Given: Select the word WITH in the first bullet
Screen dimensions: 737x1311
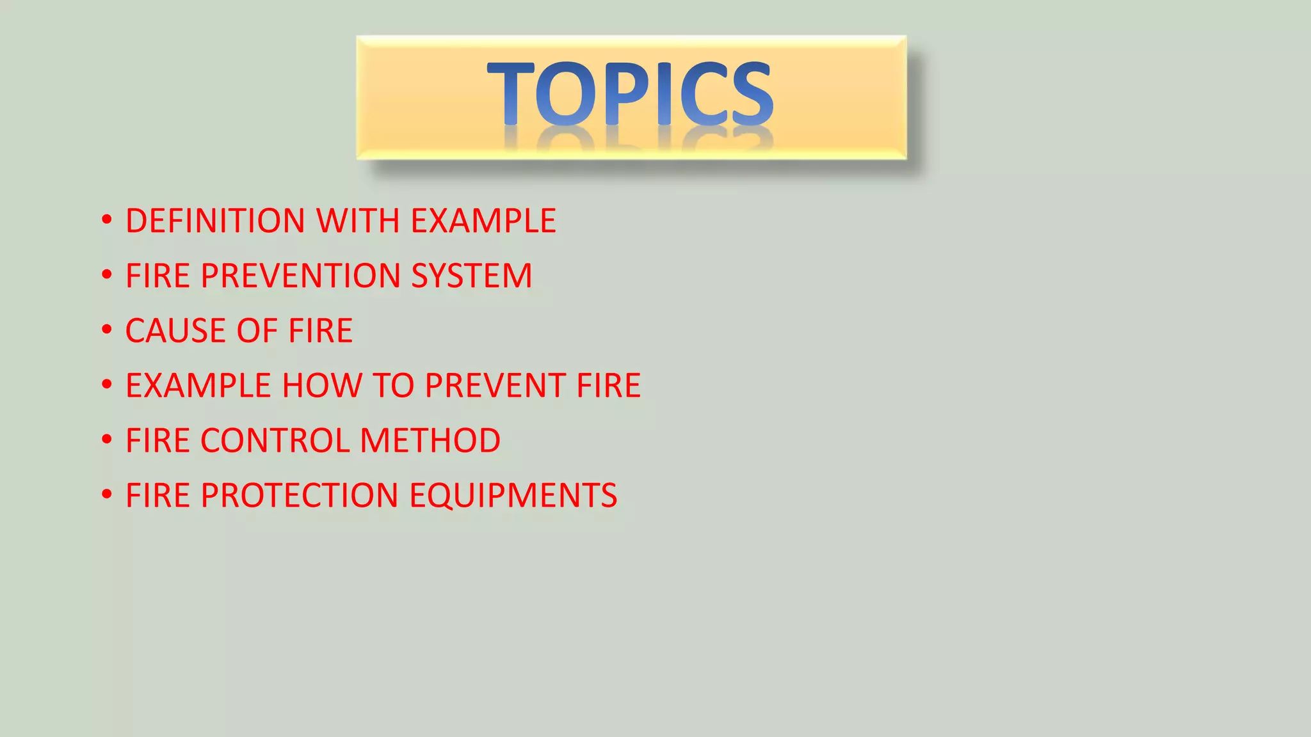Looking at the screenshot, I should (x=358, y=221).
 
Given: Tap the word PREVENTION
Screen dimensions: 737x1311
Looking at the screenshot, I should (x=301, y=276).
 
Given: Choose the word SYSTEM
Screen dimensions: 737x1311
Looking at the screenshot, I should (x=471, y=276).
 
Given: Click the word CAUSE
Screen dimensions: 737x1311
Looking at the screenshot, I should (x=176, y=331).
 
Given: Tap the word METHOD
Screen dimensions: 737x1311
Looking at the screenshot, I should (x=430, y=441).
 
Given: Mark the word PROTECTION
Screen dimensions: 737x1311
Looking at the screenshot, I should (x=300, y=496).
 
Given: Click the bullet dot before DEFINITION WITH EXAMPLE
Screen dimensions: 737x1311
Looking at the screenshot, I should (x=107, y=220).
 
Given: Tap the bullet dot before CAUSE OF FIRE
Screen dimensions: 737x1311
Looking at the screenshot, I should (x=107, y=330).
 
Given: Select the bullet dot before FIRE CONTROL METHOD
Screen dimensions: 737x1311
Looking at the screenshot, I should (x=107, y=440).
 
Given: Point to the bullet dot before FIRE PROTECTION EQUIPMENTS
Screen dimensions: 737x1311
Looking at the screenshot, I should (x=107, y=495).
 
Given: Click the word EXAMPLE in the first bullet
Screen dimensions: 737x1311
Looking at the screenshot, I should (x=483, y=221).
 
